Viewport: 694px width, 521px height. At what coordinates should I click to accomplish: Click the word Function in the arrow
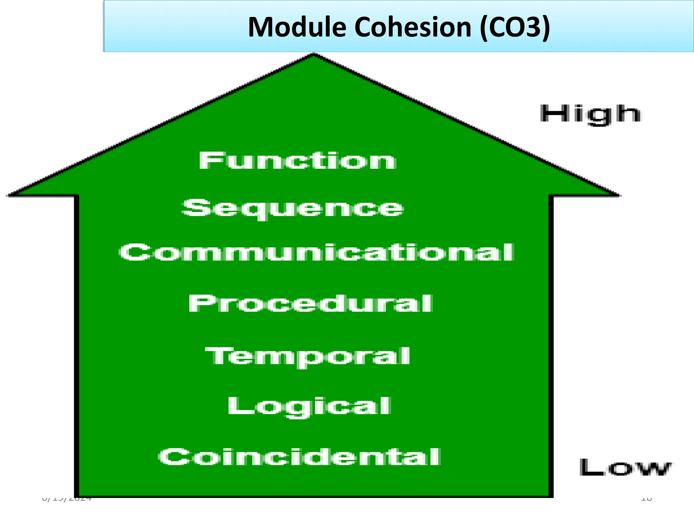point(298,161)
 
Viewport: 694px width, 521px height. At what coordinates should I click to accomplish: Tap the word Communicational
point(317,253)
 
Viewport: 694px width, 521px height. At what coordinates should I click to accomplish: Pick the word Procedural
point(310,303)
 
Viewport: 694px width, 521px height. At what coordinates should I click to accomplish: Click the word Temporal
point(308,356)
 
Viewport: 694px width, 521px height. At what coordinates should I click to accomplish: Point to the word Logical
point(309,406)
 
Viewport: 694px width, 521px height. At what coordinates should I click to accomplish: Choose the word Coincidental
point(299,457)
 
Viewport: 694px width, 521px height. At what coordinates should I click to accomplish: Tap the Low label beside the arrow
point(625,468)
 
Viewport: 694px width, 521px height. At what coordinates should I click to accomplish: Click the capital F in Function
point(207,161)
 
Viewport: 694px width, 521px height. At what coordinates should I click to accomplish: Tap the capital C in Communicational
point(130,253)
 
